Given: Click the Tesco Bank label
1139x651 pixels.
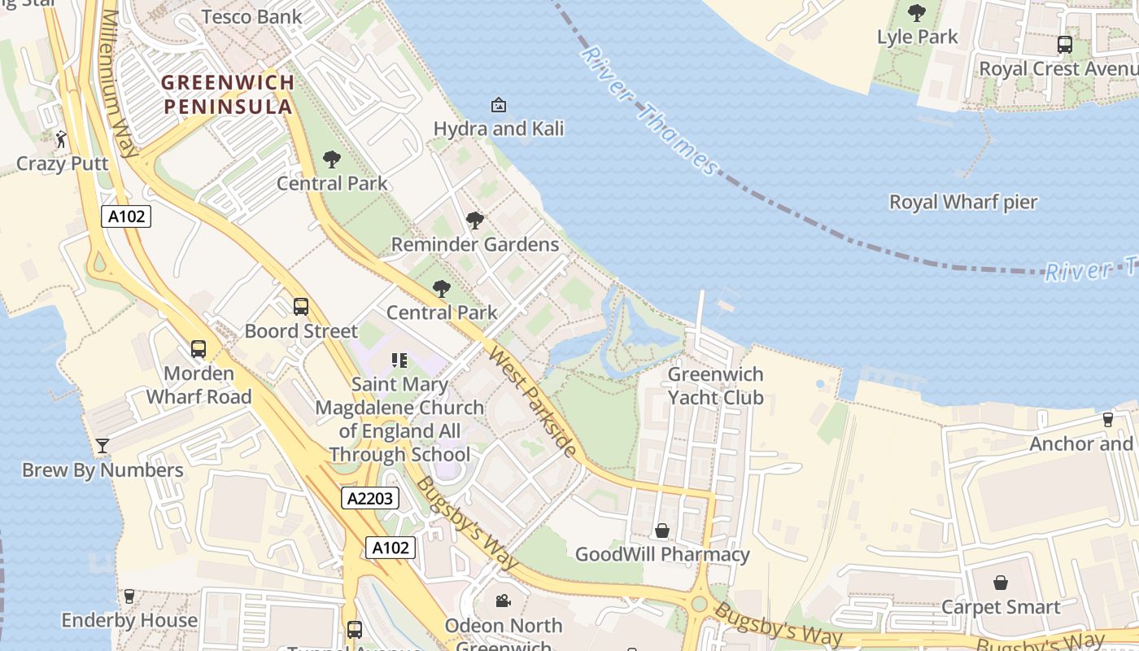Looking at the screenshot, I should [x=251, y=16].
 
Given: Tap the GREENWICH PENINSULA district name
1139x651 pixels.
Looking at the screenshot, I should [x=228, y=94].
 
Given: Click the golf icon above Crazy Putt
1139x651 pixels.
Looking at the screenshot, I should [x=62, y=139].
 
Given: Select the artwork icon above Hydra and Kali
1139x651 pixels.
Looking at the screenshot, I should [x=498, y=105].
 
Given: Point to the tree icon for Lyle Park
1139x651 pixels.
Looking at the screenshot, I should [x=917, y=13].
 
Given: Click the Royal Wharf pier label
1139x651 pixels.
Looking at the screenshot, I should [x=962, y=202].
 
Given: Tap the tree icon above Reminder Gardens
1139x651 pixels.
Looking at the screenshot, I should [x=474, y=221].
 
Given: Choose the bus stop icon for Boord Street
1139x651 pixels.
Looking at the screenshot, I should [x=301, y=307].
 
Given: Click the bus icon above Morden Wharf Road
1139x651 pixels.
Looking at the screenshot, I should [x=199, y=349].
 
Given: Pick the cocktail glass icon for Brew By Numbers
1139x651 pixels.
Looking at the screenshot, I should [x=103, y=446].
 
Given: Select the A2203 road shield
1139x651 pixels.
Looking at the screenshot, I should [x=370, y=498].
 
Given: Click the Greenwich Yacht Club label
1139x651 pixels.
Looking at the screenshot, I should [x=715, y=386].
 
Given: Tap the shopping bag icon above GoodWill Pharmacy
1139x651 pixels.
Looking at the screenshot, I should [x=662, y=531].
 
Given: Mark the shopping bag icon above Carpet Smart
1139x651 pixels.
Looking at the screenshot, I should [x=1001, y=583].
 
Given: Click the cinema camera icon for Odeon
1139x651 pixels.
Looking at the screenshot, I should [x=503, y=601].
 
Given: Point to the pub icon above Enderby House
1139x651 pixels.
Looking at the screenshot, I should [x=129, y=596].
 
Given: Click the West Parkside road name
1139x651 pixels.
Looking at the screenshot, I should [x=533, y=401].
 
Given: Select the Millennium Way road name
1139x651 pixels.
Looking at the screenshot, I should [x=119, y=85].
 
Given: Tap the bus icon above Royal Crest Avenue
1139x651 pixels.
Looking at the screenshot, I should [x=1064, y=45].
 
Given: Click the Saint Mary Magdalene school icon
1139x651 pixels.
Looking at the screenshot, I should [x=399, y=360].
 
